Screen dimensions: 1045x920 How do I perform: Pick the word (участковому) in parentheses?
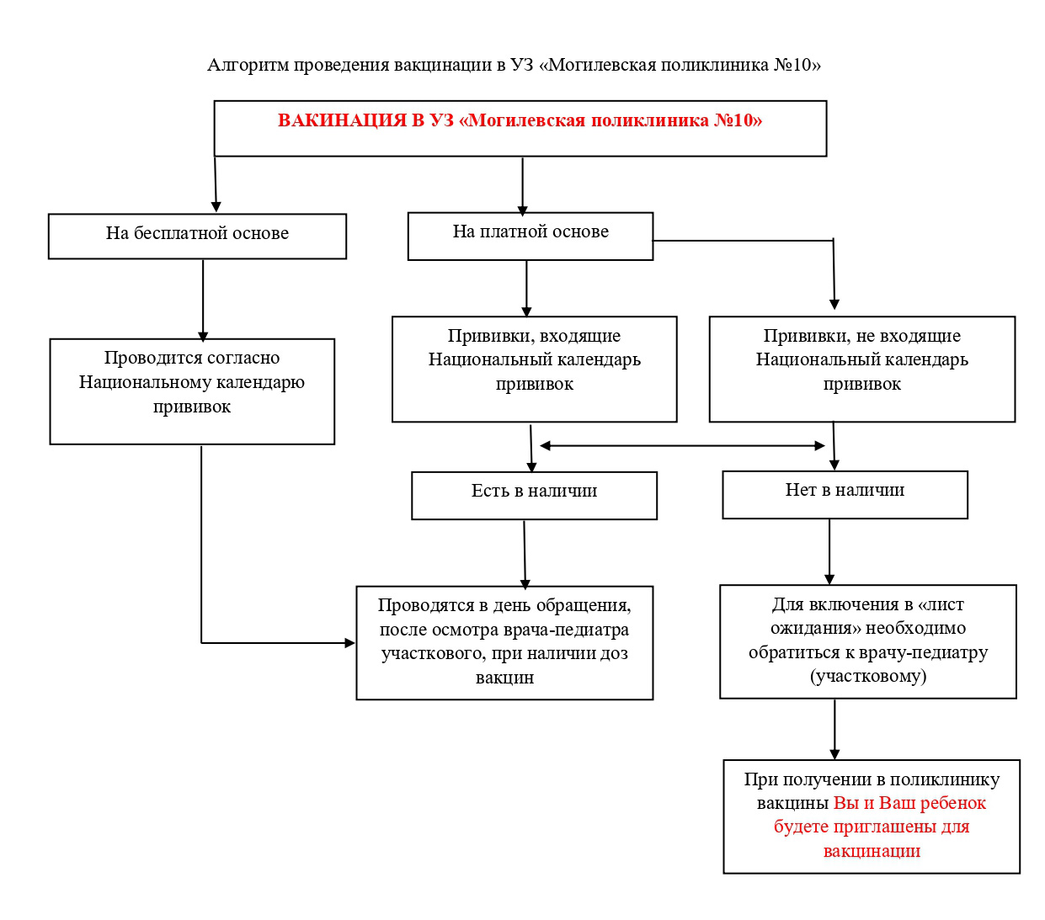point(868,675)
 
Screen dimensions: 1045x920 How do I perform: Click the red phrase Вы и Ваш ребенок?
point(909,803)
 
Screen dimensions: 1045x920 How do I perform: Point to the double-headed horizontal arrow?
point(682,445)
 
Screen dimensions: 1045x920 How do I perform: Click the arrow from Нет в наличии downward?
point(829,552)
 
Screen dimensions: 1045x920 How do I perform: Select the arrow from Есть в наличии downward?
point(525,556)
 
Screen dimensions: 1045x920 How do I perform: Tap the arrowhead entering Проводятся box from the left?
point(349,642)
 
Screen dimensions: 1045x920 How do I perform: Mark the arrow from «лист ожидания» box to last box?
point(834,729)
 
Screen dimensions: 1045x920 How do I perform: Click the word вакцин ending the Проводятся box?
point(504,678)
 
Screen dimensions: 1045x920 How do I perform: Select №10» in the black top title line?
point(797,65)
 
